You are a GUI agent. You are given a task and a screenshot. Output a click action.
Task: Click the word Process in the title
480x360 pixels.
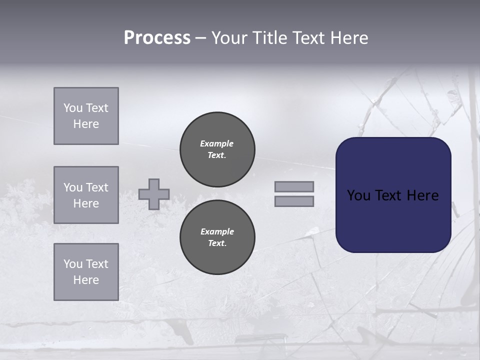tap(157, 38)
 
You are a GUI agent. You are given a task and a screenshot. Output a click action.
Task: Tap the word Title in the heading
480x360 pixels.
tap(269, 38)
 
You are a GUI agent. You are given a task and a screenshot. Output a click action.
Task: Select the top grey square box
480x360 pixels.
tap(86, 116)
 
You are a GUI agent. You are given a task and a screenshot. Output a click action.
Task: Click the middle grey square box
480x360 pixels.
tap(86, 195)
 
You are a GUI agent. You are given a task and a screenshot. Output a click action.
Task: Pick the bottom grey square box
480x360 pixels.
tap(86, 272)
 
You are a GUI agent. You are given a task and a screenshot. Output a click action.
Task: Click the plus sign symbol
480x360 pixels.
tap(154, 194)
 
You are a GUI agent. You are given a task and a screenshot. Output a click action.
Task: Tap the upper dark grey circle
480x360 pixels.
tap(217, 149)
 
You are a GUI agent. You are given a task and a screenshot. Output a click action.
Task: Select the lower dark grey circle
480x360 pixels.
tap(217, 237)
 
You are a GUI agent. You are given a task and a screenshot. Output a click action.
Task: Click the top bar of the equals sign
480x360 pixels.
tap(294, 186)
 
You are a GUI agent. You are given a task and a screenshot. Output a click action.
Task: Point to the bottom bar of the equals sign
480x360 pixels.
tap(294, 201)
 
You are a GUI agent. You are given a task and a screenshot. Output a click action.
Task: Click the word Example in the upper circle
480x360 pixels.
tap(217, 143)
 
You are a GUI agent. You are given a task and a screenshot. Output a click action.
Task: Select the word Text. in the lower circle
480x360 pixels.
tap(217, 243)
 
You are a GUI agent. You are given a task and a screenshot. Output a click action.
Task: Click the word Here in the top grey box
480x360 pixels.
tap(86, 124)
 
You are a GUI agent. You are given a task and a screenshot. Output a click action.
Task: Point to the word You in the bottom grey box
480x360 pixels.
tap(73, 264)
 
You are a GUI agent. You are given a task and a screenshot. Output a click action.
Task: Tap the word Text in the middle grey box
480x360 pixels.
tap(96, 187)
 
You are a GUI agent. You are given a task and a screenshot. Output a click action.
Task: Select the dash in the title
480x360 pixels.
tap(200, 38)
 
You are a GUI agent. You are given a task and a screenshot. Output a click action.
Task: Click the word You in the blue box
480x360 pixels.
tap(358, 195)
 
